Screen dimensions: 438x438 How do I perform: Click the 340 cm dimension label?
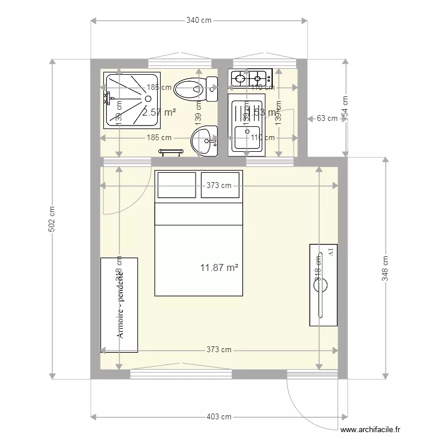pos(199,20)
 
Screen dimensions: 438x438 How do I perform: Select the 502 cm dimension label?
pos(52,218)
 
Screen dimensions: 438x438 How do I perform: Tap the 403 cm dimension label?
pos(219,417)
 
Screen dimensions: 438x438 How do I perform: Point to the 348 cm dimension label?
pos(385,268)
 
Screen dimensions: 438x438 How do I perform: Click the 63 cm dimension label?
pos(327,118)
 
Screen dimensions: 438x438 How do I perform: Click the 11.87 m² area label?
pos(219,267)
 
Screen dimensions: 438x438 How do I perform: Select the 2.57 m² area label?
pos(159,112)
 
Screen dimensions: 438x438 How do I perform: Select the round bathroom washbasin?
pos(204,141)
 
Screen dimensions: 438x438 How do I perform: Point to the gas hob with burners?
pos(250,77)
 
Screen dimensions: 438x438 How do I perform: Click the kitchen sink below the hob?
pos(246,123)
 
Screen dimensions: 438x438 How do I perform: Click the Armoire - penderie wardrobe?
pos(119,305)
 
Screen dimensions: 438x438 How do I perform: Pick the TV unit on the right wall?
pos(323,284)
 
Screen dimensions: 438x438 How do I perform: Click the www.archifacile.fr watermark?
pos(371,430)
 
